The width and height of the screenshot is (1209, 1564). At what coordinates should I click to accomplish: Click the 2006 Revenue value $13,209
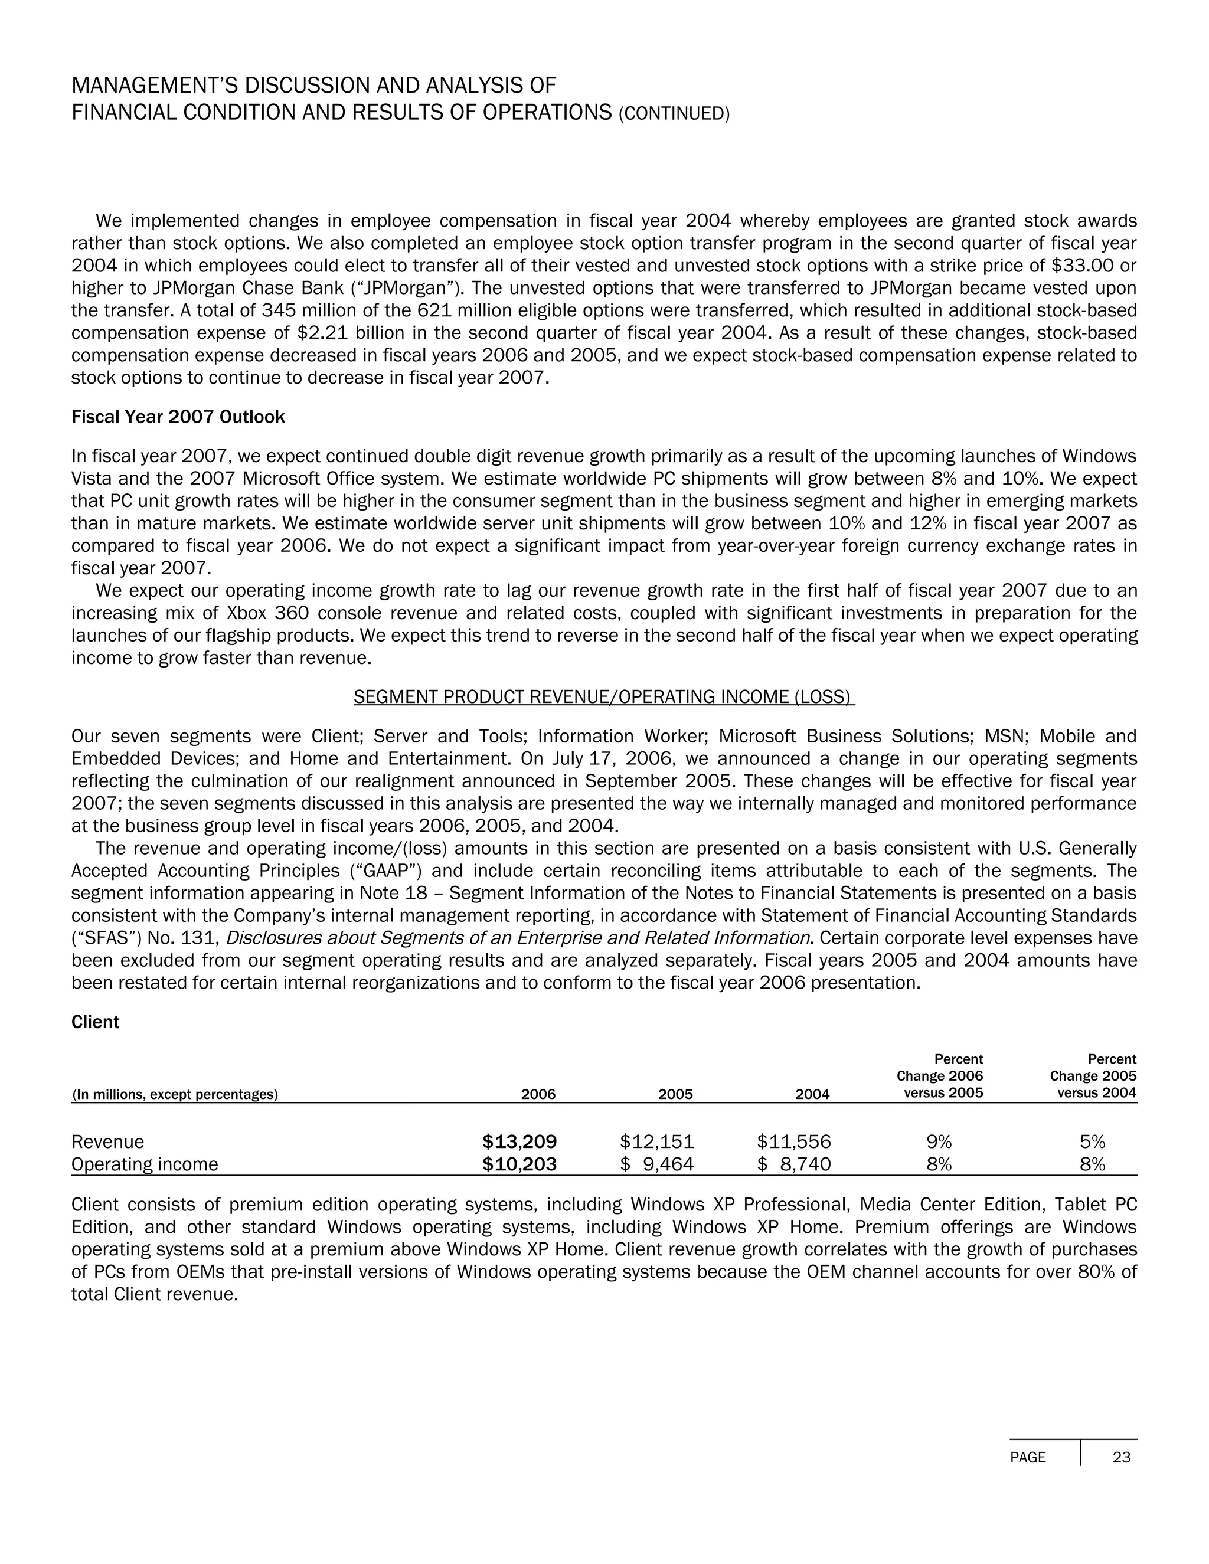[519, 1141]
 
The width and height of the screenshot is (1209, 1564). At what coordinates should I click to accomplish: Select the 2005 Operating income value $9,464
[657, 1164]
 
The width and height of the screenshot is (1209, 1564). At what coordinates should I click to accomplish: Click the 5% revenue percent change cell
[1092, 1141]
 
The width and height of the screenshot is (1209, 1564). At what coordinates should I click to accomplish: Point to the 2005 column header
[675, 1094]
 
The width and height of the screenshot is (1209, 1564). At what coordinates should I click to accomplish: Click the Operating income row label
[144, 1164]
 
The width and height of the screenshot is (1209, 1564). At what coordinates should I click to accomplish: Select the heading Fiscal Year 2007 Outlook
[178, 417]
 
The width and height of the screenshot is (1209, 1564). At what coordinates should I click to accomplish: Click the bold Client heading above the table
[95, 1022]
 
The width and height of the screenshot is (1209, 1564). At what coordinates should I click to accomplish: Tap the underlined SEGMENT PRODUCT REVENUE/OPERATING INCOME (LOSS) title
[604, 697]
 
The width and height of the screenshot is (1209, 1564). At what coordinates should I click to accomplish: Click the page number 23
[1122, 1457]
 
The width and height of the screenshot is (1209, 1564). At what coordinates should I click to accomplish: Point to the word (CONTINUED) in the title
[673, 114]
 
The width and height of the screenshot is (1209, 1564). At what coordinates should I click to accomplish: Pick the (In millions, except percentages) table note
[174, 1094]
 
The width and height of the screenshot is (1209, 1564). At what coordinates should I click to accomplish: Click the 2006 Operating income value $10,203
[519, 1164]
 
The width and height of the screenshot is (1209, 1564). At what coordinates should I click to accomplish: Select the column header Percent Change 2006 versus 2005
[939, 1077]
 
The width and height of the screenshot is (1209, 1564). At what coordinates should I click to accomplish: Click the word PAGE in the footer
[1027, 1457]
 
